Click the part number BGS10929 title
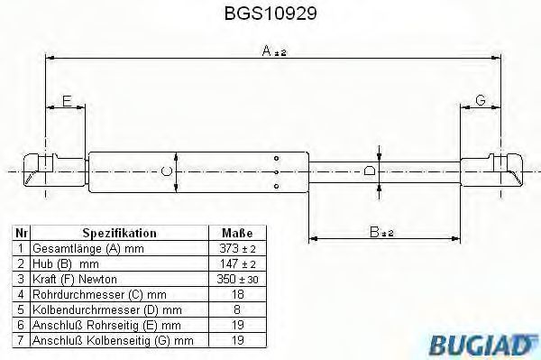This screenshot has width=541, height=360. click(x=270, y=14)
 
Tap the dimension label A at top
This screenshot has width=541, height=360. click(x=274, y=51)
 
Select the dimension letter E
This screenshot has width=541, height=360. click(x=67, y=101)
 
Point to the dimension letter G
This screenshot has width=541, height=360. click(x=481, y=100)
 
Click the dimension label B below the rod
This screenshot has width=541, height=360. click(x=381, y=232)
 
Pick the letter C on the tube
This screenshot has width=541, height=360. click(x=167, y=171)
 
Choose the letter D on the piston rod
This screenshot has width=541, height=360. click(x=370, y=171)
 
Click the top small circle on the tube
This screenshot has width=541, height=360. click(x=277, y=159)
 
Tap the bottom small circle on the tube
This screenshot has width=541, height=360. click(x=277, y=187)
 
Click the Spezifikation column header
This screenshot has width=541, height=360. click(x=119, y=233)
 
